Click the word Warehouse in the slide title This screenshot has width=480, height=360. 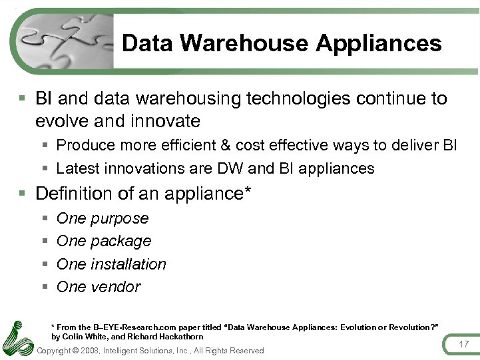click(x=244, y=43)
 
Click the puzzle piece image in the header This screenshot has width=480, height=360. click(x=63, y=41)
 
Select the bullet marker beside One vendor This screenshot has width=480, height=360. click(x=45, y=287)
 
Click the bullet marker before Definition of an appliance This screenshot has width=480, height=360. click(x=22, y=194)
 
